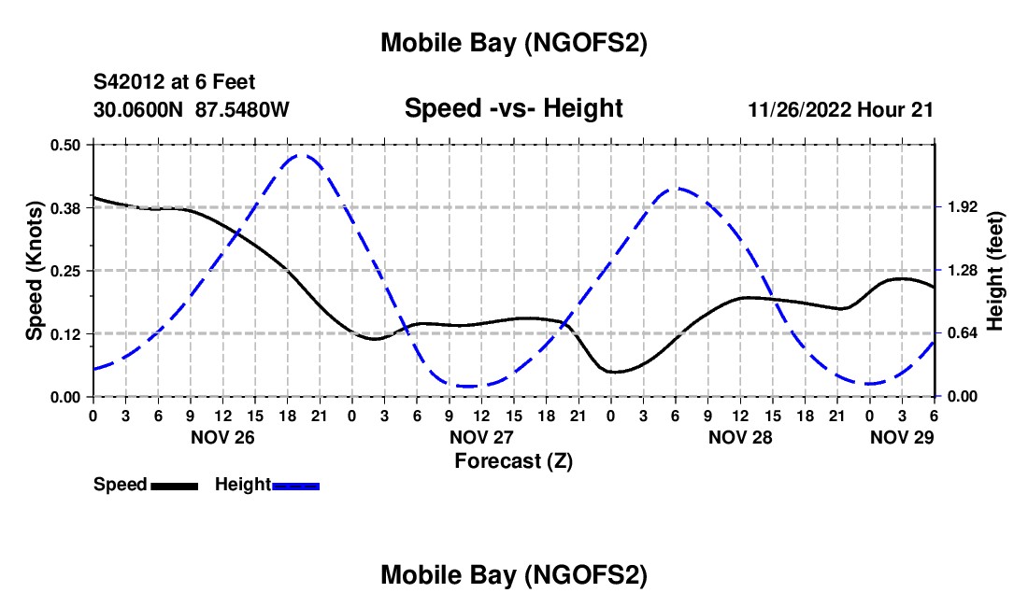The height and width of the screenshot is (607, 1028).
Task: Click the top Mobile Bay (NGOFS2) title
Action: [x=513, y=43]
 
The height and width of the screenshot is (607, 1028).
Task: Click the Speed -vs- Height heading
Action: [x=513, y=108]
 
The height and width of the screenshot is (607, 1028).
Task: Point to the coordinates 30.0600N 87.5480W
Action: [x=192, y=109]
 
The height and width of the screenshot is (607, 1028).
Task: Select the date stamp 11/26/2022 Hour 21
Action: [x=840, y=109]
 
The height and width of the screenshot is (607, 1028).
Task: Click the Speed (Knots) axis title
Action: [x=35, y=271]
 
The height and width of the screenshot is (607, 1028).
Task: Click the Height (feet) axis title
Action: [x=994, y=271]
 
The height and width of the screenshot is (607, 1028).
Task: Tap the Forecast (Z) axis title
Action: [x=513, y=460]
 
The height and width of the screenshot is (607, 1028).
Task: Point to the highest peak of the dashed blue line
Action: [x=301, y=155]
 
